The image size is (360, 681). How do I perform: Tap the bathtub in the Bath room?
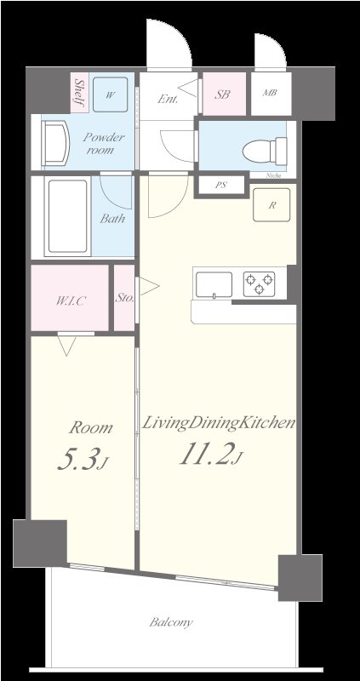pyautogui.click(x=68, y=216)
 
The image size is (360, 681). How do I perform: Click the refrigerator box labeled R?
pyautogui.click(x=271, y=205)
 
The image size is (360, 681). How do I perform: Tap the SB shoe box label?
pyautogui.click(x=223, y=94)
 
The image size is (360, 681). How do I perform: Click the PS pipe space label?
pyautogui.click(x=220, y=185)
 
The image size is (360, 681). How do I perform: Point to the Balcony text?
pyautogui.click(x=171, y=622)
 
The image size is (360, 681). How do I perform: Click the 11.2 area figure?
pyautogui.click(x=208, y=456)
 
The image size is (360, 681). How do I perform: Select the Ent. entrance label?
pyautogui.click(x=168, y=99)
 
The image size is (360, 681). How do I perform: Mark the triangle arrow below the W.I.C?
pyautogui.click(x=67, y=343)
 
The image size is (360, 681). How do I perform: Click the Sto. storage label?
pyautogui.click(x=124, y=299)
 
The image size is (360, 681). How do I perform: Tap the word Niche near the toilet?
pyautogui.click(x=273, y=177)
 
